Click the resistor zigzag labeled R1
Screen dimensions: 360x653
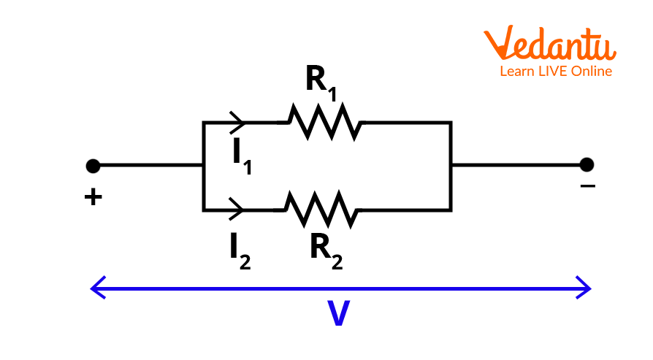click(323, 122)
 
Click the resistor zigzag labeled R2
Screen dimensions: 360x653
click(323, 210)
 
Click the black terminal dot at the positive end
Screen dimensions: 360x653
click(93, 166)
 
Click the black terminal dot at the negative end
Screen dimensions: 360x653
click(587, 165)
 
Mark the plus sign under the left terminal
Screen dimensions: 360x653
click(93, 197)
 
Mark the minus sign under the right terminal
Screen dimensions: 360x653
click(587, 187)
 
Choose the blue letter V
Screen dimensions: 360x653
click(337, 314)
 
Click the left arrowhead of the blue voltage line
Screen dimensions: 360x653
click(97, 288)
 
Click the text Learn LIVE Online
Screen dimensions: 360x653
click(555, 72)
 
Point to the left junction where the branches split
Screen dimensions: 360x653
click(203, 166)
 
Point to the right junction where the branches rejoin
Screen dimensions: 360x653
click(451, 165)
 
